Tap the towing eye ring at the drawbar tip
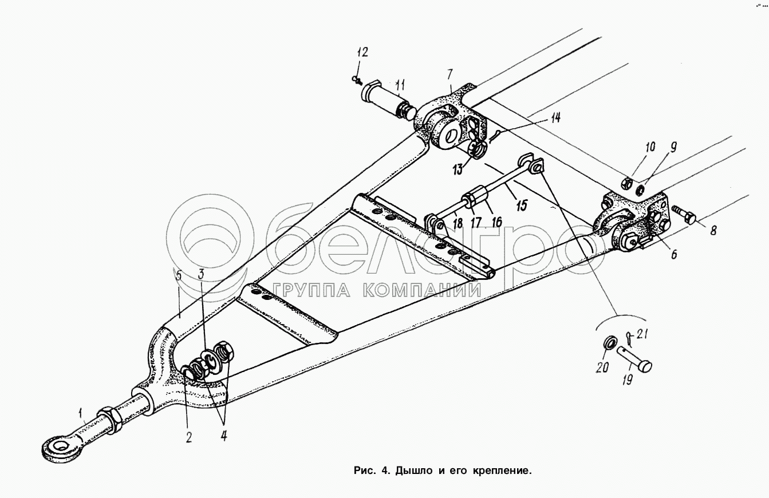pyautogui.click(x=57, y=445)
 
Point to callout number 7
pyautogui.click(x=450, y=74)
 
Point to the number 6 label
pyautogui.click(x=673, y=254)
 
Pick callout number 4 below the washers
pyautogui.click(x=223, y=436)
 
